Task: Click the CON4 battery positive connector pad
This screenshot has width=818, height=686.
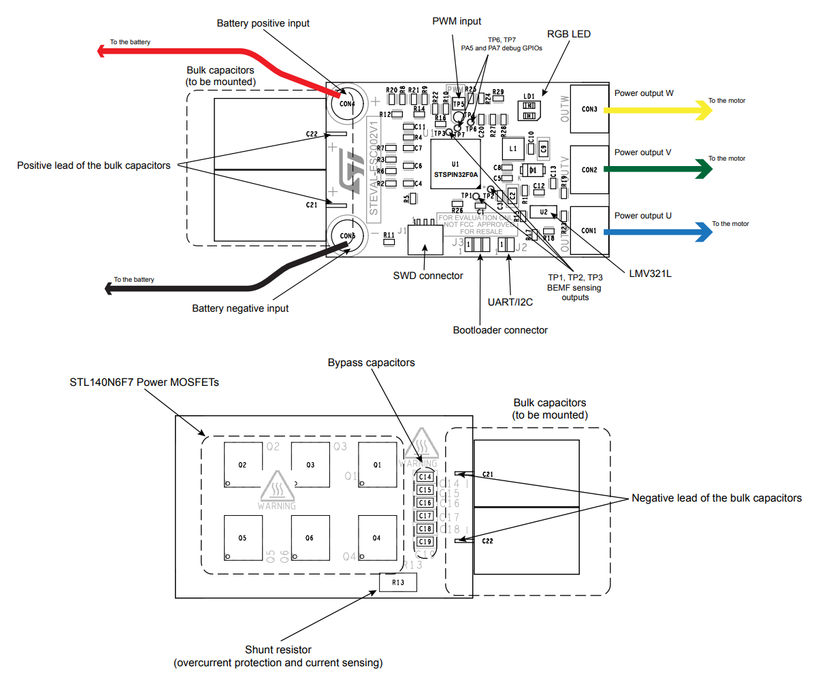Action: tap(346, 103)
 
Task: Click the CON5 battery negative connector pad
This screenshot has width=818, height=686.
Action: tap(347, 235)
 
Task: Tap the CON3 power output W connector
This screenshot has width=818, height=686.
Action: tap(589, 109)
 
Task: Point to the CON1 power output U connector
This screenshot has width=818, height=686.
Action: tap(589, 230)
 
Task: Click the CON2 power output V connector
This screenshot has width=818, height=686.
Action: tap(589, 169)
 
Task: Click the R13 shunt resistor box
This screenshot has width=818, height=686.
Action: tap(398, 583)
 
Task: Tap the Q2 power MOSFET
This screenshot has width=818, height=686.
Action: tap(243, 465)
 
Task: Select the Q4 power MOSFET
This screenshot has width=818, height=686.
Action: tap(377, 538)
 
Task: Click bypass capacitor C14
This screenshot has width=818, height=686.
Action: tap(425, 477)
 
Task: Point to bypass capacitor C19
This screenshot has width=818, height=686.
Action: tap(425, 542)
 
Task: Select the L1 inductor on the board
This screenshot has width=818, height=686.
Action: tap(513, 148)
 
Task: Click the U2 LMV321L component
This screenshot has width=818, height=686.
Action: tap(543, 212)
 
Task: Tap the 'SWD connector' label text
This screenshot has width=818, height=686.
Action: tap(428, 276)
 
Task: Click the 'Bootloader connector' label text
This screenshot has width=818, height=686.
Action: tap(500, 330)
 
